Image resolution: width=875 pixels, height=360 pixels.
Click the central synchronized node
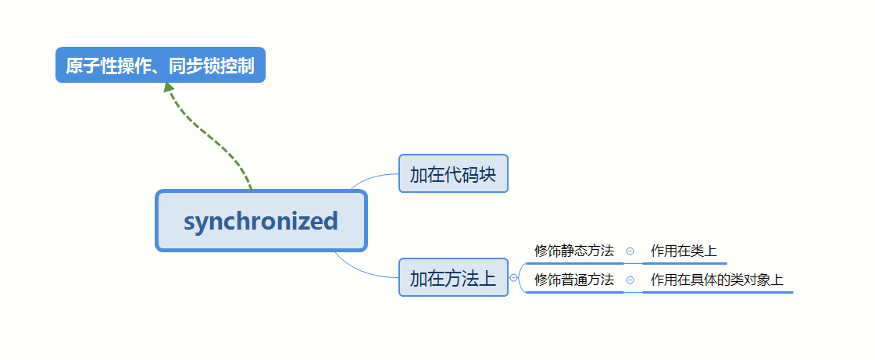[261, 221]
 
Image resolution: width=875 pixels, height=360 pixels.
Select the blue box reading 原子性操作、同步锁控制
[160, 66]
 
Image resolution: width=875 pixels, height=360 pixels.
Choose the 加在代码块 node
[453, 173]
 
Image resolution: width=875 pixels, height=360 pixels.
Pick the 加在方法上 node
[453, 277]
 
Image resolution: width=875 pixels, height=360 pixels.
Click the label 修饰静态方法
[574, 251]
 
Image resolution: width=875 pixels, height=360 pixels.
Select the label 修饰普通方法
[574, 279]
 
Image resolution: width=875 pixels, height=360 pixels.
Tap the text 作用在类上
[684, 251]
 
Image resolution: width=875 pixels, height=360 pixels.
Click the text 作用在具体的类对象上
[716, 279]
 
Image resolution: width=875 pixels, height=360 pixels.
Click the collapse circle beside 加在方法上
[513, 277]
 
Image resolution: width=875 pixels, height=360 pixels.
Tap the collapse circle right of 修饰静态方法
[630, 251]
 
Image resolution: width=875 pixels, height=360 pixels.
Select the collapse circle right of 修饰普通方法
[630, 280]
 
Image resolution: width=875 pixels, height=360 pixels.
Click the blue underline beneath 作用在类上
[684, 264]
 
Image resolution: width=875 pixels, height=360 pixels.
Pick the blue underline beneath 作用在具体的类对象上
[717, 292]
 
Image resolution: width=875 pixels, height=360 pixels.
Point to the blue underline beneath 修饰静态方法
[574, 264]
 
